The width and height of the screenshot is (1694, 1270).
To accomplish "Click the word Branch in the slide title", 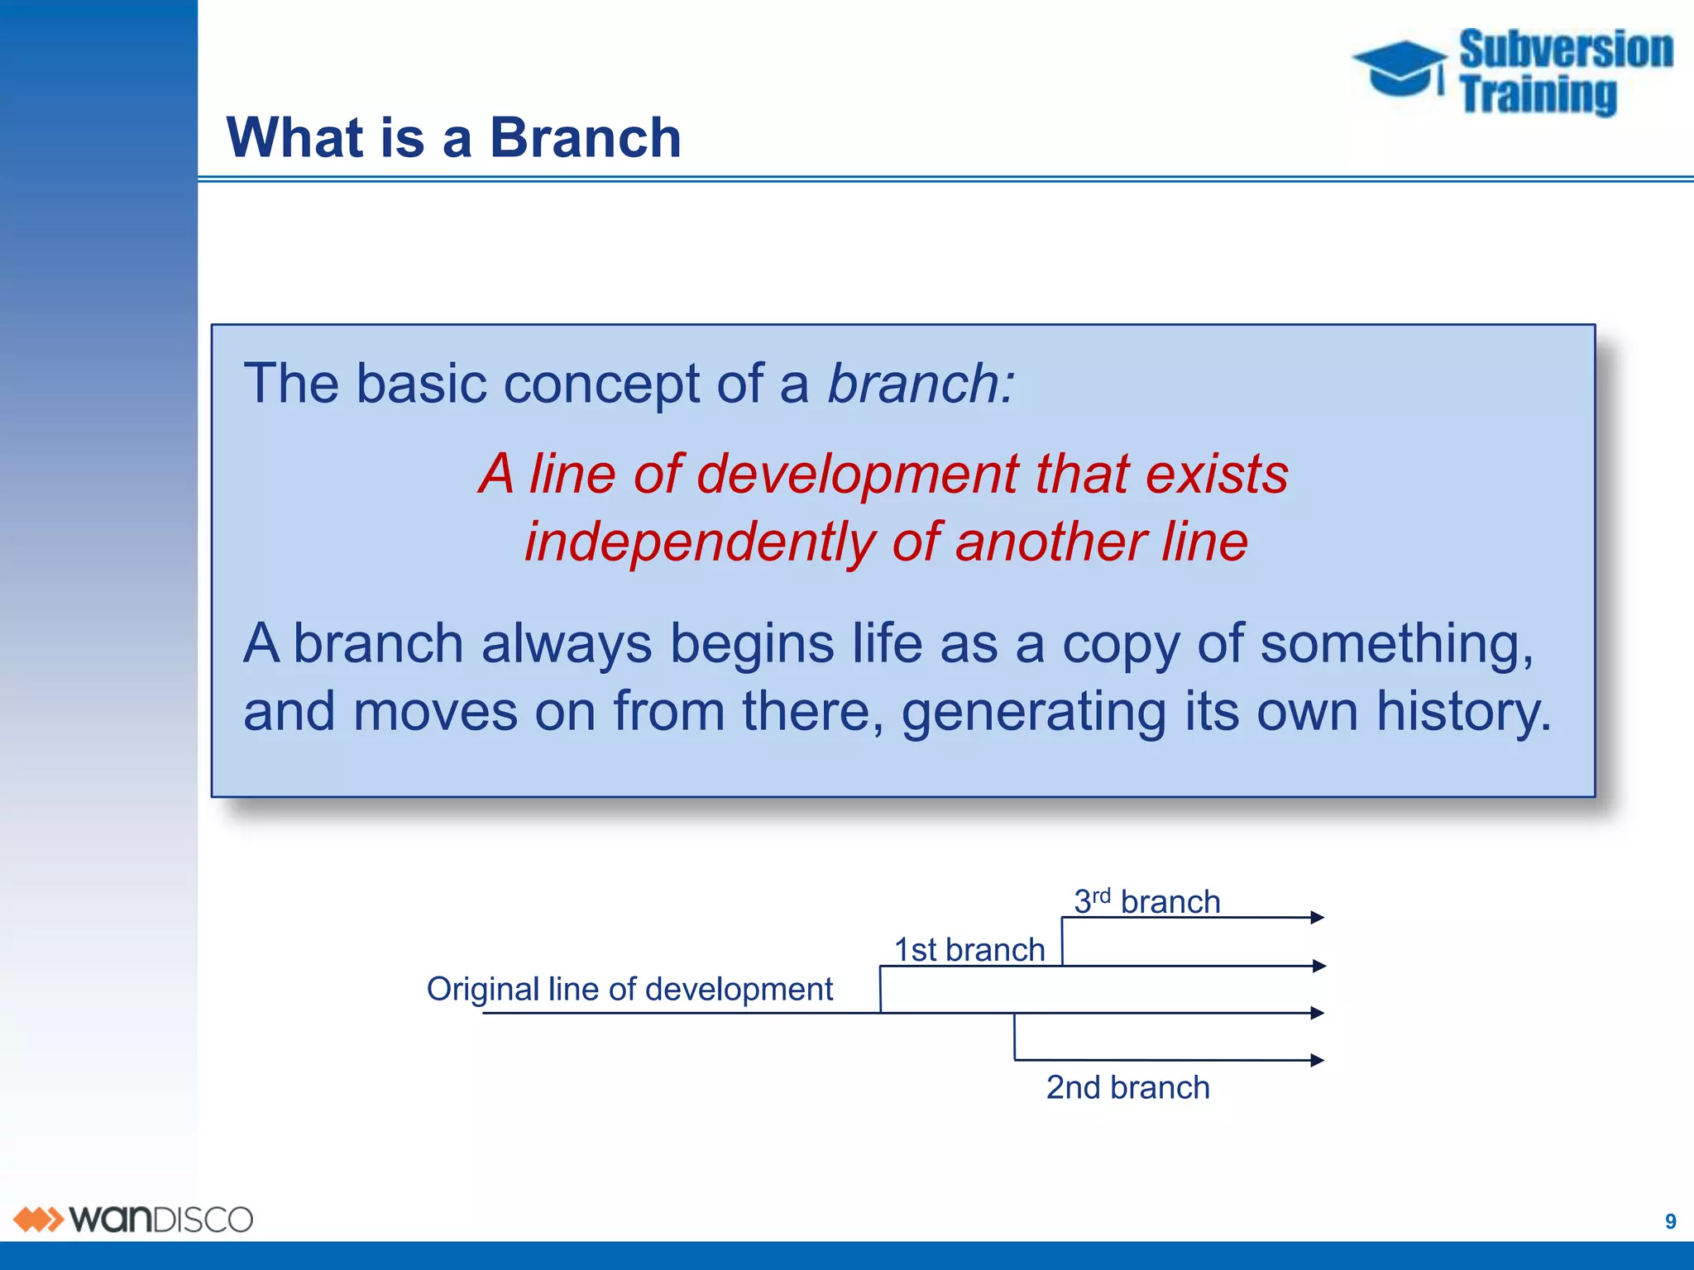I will coord(585,137).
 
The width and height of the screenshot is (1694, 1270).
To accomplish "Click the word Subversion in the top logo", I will coord(1566,50).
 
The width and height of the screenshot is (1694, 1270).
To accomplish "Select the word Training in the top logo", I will coord(1538,94).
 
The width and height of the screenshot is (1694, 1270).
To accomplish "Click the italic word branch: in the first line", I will coord(921,384).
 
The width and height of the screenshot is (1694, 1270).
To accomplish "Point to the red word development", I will coord(857,475).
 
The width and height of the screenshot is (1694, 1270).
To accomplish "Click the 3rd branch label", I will coord(1146,901).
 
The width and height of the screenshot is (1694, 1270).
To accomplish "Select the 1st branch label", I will coord(969,950).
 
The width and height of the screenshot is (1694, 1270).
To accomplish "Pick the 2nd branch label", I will coord(1127,1087).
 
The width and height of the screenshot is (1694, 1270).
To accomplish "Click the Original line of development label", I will coord(629,989).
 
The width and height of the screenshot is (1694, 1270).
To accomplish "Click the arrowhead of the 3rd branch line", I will coord(1318,917).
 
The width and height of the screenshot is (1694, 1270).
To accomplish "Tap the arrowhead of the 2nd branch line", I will coord(1318,1060).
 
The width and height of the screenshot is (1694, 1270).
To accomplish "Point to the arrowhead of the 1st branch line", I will coord(1319,966).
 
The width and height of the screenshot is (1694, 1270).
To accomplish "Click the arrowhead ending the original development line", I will coord(1318,1013).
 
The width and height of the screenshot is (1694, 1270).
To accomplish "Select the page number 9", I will coord(1670,1221).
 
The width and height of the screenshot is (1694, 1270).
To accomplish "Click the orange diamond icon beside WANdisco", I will coord(38,1220).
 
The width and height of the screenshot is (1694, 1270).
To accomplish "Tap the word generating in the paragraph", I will coord(1033,712).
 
